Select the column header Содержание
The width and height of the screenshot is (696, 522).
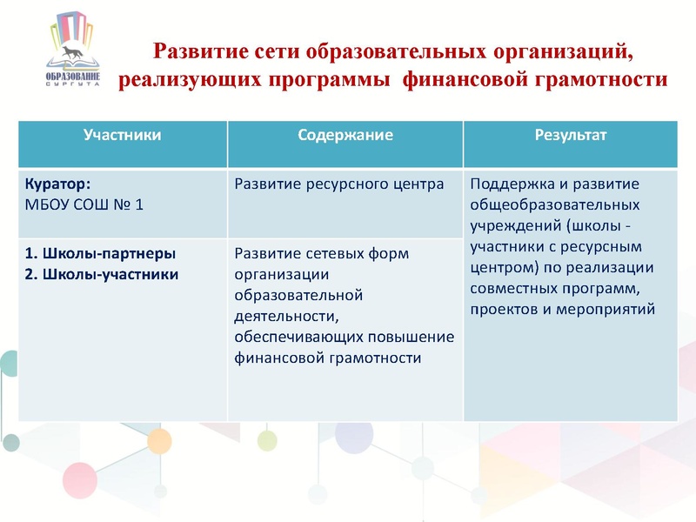click(x=345, y=136)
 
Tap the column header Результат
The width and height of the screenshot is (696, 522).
click(x=571, y=136)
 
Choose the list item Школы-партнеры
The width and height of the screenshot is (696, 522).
click(x=100, y=254)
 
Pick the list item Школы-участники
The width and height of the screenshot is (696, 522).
click(x=102, y=275)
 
